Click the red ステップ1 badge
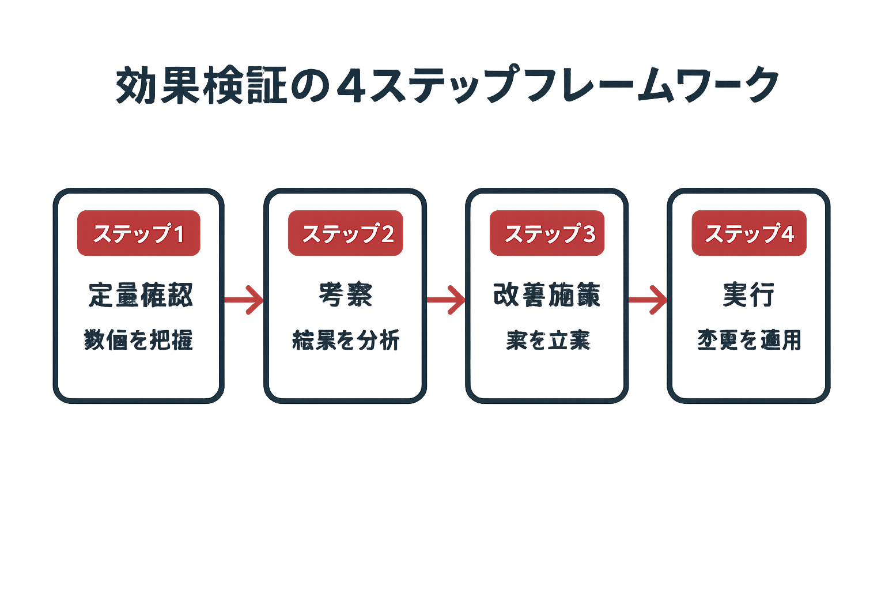pyautogui.click(x=139, y=233)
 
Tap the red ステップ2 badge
pyautogui.click(x=346, y=233)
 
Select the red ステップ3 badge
pyautogui.click(x=547, y=233)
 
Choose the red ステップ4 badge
pyautogui.click(x=749, y=233)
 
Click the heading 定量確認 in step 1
pyautogui.click(x=141, y=294)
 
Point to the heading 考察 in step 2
pyautogui.click(x=346, y=294)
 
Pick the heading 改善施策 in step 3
pyautogui.click(x=547, y=294)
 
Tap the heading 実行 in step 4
pyautogui.click(x=748, y=294)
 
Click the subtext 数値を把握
pyautogui.click(x=138, y=340)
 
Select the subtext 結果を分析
pyautogui.click(x=346, y=340)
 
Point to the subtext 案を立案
pyautogui.click(x=548, y=340)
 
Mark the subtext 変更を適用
pyautogui.click(x=749, y=340)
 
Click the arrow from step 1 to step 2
pyautogui.click(x=244, y=300)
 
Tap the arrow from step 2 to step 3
pyautogui.click(x=446, y=300)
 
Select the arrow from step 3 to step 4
pyautogui.click(x=648, y=300)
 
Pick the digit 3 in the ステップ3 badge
pyautogui.click(x=589, y=234)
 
